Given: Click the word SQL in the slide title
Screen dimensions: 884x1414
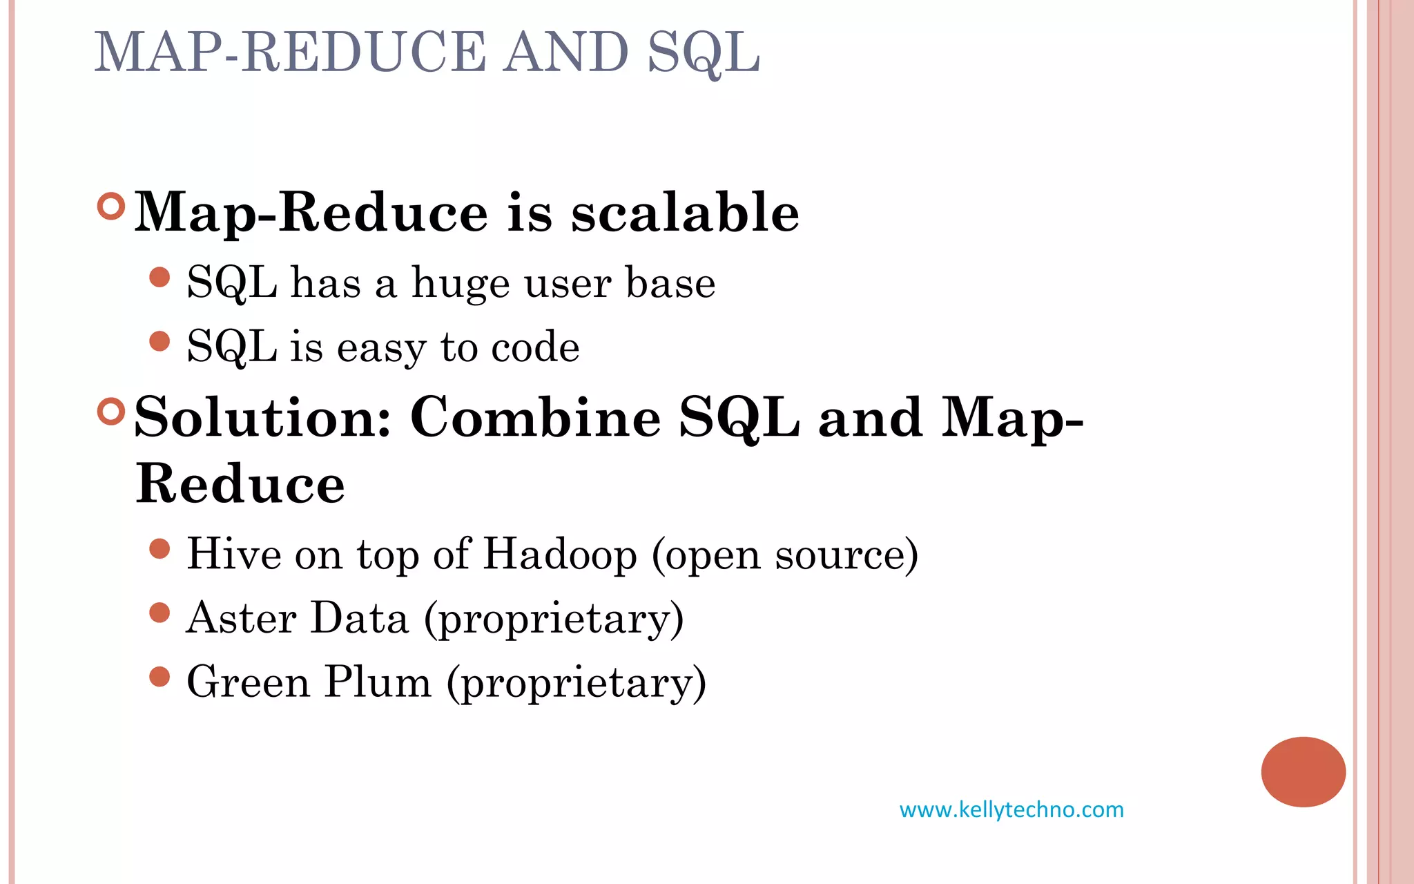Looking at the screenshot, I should click(x=703, y=52).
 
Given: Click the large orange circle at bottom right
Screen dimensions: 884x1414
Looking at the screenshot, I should click(x=1303, y=771).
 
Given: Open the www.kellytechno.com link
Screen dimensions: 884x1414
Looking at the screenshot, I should click(x=1011, y=809).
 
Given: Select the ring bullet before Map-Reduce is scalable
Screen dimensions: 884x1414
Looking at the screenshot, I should click(x=111, y=206).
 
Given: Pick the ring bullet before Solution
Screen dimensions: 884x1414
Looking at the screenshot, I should click(x=111, y=412).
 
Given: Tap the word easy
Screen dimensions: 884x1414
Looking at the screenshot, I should click(x=381, y=347).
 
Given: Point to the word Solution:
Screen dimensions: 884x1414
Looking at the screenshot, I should click(x=262, y=417).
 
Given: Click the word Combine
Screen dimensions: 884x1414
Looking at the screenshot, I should click(x=535, y=417).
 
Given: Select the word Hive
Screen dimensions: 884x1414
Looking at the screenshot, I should click(x=234, y=554).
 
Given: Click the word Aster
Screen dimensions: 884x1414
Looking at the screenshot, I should click(x=242, y=617).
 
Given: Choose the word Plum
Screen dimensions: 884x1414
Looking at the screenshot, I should click(x=378, y=682).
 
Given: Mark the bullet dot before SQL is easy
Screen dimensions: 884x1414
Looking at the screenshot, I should click(x=159, y=341).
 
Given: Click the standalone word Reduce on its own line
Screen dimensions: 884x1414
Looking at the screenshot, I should click(x=240, y=483).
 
